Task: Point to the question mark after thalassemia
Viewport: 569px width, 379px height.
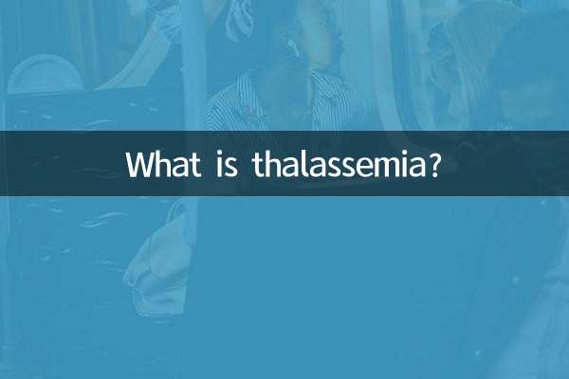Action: pyautogui.click(x=433, y=164)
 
